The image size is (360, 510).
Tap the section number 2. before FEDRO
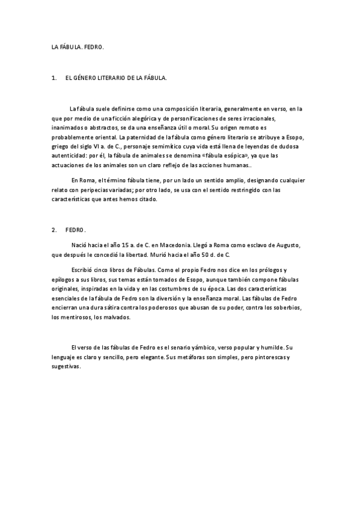55,230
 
